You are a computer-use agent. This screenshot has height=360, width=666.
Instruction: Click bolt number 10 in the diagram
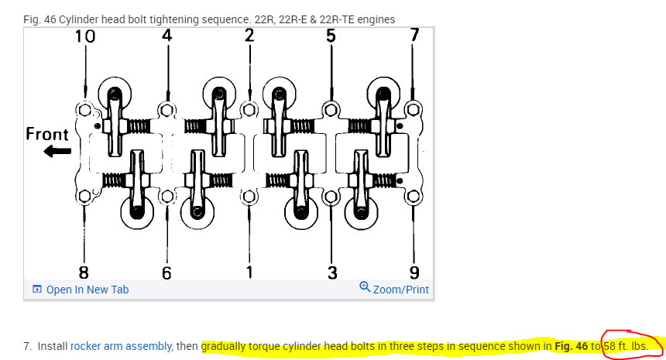[x=85, y=36]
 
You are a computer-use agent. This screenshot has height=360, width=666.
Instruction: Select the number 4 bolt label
[x=167, y=36]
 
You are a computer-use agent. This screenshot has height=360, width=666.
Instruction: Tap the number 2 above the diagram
[x=249, y=36]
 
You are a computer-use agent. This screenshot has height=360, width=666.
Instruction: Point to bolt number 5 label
[x=331, y=36]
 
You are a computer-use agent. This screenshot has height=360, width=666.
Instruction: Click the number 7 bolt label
[x=414, y=36]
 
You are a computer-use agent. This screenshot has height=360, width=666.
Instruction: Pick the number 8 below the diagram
[x=84, y=272]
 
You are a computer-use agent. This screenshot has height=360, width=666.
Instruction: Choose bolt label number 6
[x=166, y=272]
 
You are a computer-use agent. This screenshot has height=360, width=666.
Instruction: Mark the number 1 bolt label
[x=249, y=272]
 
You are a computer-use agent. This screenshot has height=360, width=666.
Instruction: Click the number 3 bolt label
[x=331, y=272]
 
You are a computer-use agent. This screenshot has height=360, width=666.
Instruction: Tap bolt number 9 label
[x=414, y=272]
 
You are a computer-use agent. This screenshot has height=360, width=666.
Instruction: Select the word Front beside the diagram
[x=47, y=134]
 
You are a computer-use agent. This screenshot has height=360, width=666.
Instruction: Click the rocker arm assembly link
[x=122, y=347]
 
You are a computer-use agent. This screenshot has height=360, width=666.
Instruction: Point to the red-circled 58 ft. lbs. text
[x=625, y=347]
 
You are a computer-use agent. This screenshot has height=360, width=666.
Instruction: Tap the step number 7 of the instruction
[x=27, y=347]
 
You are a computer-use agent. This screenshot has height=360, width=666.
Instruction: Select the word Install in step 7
[x=52, y=347]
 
